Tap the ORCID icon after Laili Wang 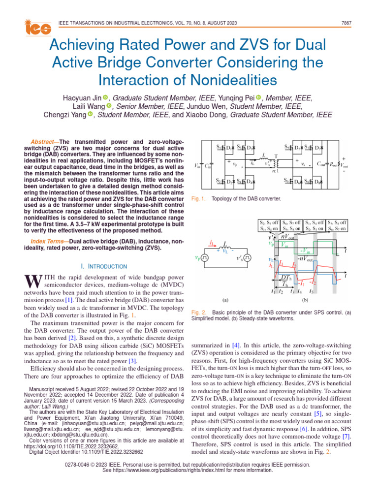pos(109,107)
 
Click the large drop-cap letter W pos(31,282)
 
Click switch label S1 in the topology pos(219,147)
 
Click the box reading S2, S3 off pos(269,222)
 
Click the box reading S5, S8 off pos(337,222)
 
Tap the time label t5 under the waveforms pos(311,291)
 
